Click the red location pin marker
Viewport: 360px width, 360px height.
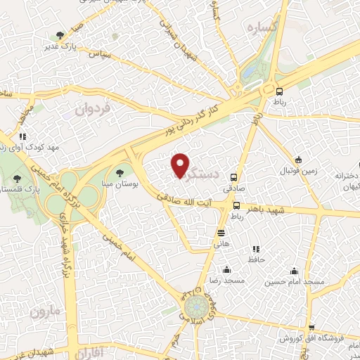coord(181,165)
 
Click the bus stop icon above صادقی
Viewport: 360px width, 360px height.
coord(234,178)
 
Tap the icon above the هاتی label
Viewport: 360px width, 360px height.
coord(221,233)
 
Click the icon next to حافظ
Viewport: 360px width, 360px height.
coord(255,249)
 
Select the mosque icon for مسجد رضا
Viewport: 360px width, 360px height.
coord(226,270)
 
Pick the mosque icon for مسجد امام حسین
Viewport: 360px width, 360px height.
coord(294,270)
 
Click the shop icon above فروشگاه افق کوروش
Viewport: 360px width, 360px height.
coord(311,328)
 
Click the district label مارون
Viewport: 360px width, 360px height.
coord(44,310)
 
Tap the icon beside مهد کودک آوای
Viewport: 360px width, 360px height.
coord(23,136)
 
